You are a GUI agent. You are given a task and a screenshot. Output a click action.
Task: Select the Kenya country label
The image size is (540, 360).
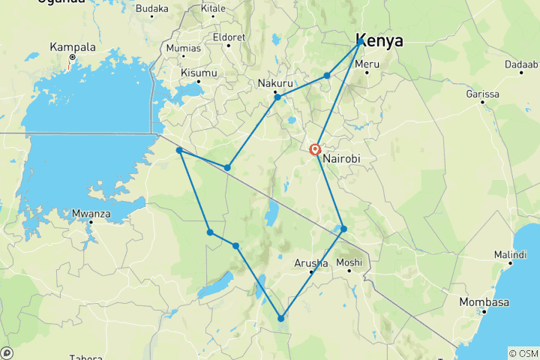379,40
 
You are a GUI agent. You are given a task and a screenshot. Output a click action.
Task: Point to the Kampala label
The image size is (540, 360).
73,46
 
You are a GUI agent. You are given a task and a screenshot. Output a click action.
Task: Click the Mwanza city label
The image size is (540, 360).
91,213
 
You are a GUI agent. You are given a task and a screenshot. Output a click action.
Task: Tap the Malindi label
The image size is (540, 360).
510,255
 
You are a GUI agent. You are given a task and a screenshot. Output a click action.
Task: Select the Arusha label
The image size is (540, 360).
310,263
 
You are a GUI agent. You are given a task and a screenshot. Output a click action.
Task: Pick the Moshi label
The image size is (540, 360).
349,262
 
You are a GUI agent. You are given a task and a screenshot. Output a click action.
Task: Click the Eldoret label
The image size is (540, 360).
229,37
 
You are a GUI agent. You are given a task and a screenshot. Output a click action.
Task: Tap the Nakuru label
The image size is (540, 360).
274,83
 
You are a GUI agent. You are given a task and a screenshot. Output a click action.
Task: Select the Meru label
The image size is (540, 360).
367,64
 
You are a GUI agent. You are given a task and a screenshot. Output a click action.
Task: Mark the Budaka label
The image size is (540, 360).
152,8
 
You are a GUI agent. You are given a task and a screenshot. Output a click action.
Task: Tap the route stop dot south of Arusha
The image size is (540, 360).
281,319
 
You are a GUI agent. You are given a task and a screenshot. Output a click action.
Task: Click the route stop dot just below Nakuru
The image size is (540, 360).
277,97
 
